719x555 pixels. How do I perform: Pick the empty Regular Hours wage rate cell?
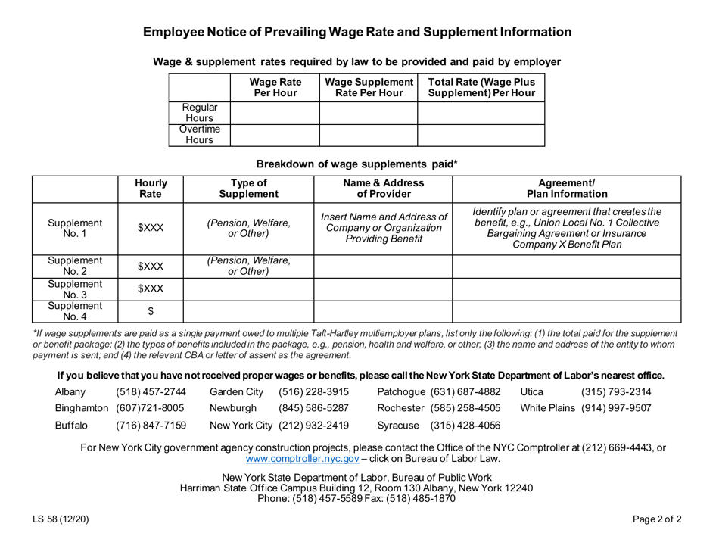274,113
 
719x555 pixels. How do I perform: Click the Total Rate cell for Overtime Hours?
481,134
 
